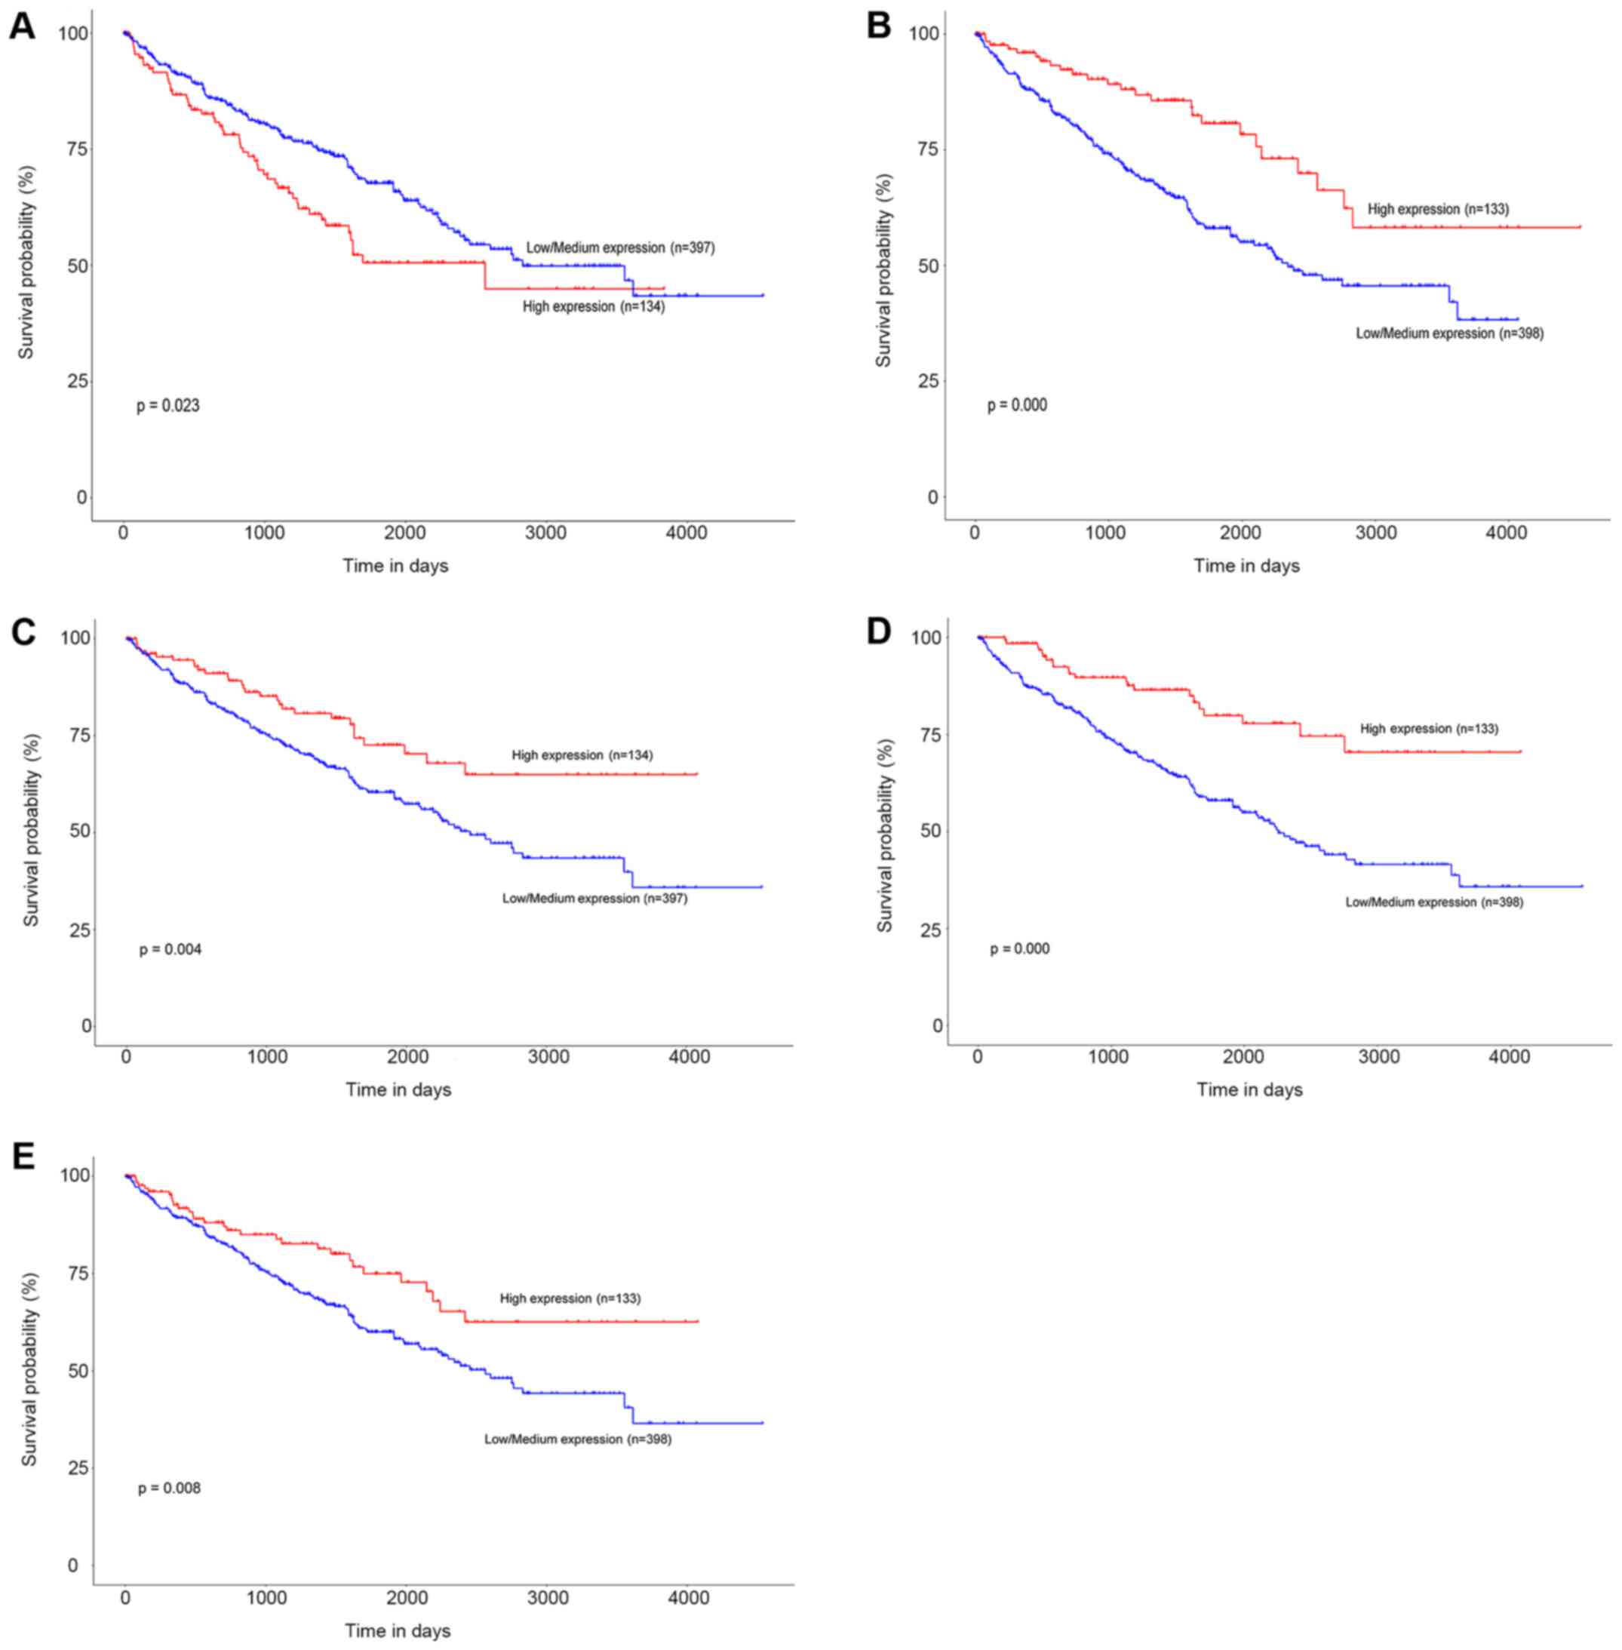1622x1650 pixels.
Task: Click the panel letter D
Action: (878, 631)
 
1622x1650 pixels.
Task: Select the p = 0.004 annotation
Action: (170, 950)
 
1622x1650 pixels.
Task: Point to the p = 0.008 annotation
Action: (170, 1488)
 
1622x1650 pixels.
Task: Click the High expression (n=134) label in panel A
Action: (594, 306)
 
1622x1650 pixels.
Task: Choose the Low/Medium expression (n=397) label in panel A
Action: (620, 248)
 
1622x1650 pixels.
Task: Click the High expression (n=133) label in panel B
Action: (1438, 209)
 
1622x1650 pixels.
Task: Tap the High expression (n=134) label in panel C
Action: (582, 754)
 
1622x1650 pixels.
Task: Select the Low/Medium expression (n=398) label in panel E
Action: (578, 1439)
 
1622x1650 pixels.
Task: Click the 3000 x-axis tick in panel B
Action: (1376, 533)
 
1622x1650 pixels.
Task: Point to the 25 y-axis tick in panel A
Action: (77, 381)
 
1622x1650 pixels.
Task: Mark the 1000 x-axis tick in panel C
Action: (268, 1057)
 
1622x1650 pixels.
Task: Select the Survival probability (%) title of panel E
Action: (30, 1369)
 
